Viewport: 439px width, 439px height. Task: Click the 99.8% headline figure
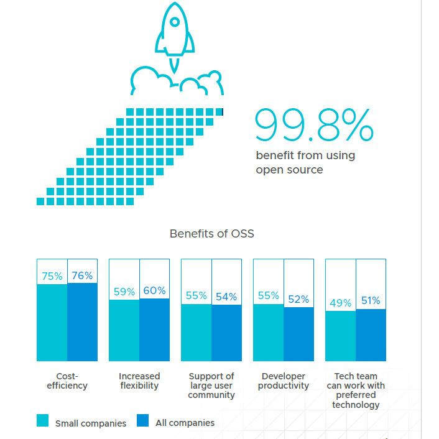click(x=314, y=126)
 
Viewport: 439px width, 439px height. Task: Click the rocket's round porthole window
click(x=175, y=23)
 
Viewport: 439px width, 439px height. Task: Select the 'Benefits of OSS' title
click(x=211, y=234)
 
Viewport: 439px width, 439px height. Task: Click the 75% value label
click(x=52, y=276)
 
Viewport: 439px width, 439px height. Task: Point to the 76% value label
click(x=82, y=275)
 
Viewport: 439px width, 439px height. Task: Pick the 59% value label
click(x=124, y=292)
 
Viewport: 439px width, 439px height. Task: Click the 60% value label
click(x=154, y=290)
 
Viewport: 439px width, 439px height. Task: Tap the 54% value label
click(x=226, y=297)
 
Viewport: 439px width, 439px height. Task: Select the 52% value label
click(x=298, y=299)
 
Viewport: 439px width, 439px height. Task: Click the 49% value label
click(x=340, y=303)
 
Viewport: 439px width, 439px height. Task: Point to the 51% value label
click(x=371, y=301)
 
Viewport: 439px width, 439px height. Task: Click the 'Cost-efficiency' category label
click(x=67, y=381)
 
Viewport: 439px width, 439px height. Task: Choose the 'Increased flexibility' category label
click(x=139, y=381)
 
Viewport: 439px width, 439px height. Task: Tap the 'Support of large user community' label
click(x=211, y=386)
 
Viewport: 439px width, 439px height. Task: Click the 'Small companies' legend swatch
click(x=43, y=422)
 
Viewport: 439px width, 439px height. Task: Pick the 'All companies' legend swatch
click(x=143, y=422)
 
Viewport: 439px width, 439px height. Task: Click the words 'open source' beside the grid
click(x=289, y=169)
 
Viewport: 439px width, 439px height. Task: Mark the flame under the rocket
click(x=175, y=64)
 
